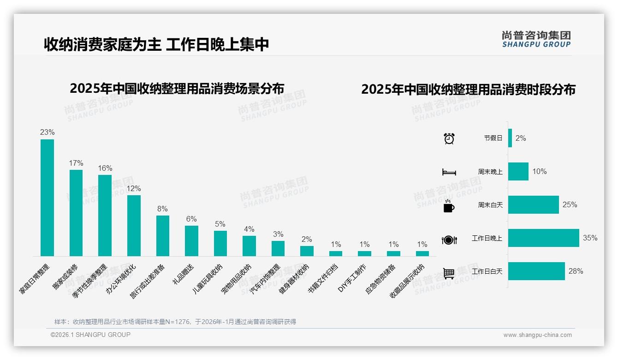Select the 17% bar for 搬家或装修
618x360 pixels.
(76, 213)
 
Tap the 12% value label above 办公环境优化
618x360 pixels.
(134, 189)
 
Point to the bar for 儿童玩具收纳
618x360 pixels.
(220, 243)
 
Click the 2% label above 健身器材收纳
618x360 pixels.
(307, 239)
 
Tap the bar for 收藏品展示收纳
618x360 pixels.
(422, 253)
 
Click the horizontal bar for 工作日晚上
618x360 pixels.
(543, 238)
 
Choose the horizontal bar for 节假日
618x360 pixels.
(510, 138)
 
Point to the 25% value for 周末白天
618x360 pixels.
(570, 204)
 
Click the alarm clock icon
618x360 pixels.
(449, 138)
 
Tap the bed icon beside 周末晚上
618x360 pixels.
(449, 172)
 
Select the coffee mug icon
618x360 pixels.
(449, 206)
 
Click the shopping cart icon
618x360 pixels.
(449, 273)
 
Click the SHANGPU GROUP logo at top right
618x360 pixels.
(536, 39)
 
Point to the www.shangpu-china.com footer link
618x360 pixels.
(537, 335)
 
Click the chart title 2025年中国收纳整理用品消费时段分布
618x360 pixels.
(468, 90)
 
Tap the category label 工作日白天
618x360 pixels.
(487, 271)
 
